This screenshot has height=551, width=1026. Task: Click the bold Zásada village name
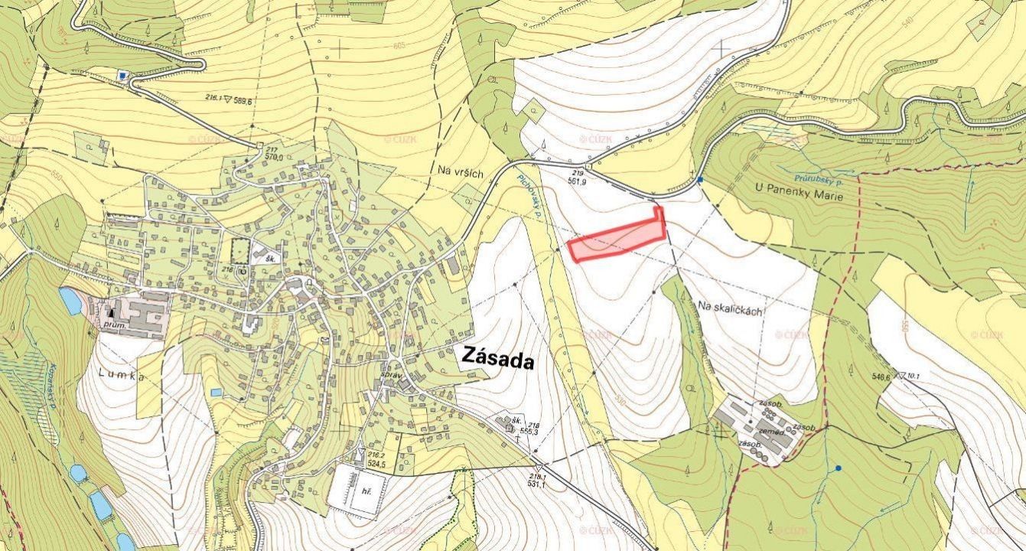point(497,357)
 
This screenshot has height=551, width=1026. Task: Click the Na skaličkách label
point(731,305)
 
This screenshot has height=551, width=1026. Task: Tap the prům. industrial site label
point(116,324)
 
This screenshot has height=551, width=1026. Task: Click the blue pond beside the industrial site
point(70,301)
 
